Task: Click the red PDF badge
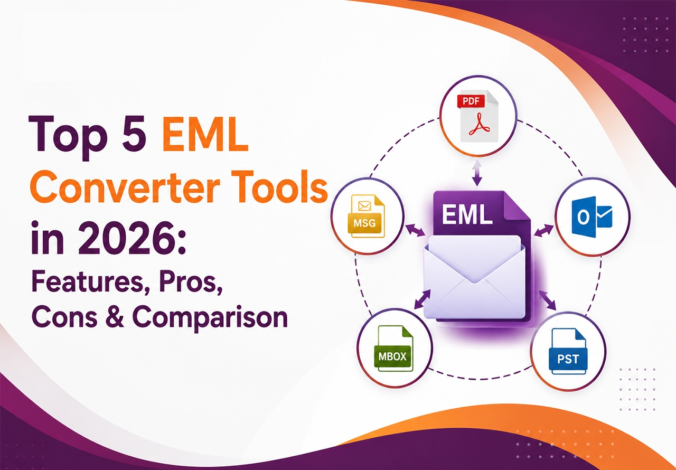[x=471, y=101]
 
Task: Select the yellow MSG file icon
[x=366, y=216]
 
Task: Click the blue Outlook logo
[x=592, y=215]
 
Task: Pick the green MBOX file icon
[x=393, y=349]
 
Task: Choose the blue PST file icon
[x=568, y=352]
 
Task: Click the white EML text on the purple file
[x=467, y=215]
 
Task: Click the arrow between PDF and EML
[x=477, y=173]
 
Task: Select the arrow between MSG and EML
[x=415, y=230]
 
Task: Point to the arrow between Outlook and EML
[x=544, y=231]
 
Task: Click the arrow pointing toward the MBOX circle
[x=422, y=299]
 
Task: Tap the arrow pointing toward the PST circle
[x=548, y=300]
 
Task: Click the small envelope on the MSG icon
[x=364, y=206]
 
